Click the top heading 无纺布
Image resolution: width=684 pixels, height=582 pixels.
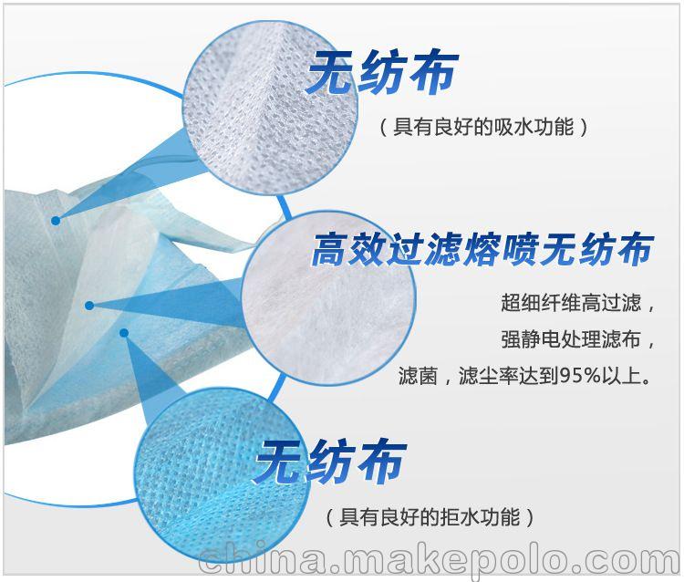point(382,72)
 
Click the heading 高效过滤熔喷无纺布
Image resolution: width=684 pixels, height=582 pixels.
point(482,249)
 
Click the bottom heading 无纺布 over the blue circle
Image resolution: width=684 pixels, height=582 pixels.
point(330,462)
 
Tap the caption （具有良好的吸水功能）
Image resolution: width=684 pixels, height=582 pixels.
point(483,128)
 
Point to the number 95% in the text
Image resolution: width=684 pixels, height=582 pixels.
point(581,376)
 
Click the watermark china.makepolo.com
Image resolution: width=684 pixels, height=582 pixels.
point(440,558)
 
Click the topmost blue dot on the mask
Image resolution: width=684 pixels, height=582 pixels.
point(56,221)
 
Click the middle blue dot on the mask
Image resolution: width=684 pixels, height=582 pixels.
point(89,306)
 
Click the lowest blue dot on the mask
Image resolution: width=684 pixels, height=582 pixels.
point(124,333)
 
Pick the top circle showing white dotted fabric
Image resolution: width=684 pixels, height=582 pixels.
point(270,108)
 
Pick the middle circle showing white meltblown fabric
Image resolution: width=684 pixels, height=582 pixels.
point(328,298)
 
